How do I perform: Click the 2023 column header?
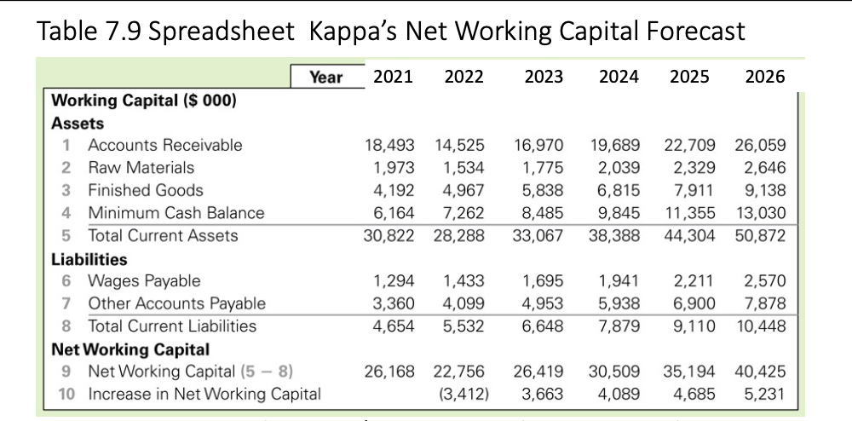coord(544,77)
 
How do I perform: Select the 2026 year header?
coord(764,77)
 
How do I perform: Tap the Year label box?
coord(325,78)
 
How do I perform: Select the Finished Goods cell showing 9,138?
coord(765,190)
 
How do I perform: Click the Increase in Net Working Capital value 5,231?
coord(765,394)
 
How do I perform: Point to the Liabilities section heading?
coord(89,258)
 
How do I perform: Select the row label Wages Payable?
coord(144,280)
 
